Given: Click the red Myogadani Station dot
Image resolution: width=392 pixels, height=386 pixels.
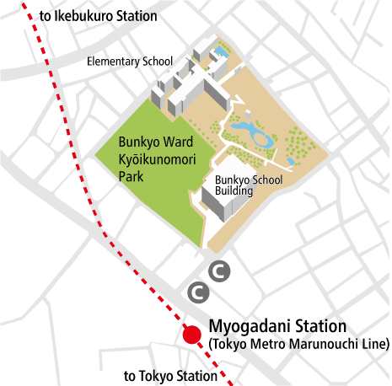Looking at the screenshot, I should click(191, 335).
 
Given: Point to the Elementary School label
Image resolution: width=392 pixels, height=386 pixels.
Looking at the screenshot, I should click(130, 61).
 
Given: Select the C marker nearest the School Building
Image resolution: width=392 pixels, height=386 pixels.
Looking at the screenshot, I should click(218, 271).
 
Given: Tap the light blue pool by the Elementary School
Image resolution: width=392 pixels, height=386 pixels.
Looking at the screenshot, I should click(221, 53).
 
